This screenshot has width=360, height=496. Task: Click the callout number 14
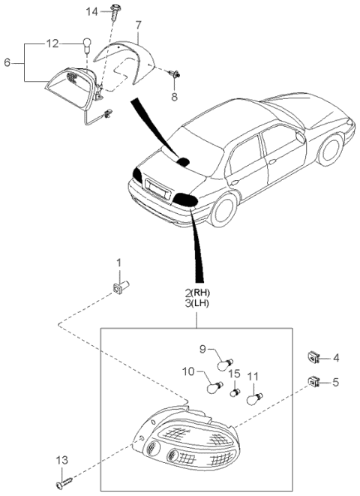[x=92, y=12]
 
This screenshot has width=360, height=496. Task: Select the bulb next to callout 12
[x=86, y=44]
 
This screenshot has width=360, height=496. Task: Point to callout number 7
[x=139, y=24]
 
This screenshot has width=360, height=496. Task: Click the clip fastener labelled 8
[x=175, y=74]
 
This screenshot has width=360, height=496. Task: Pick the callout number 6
[x=7, y=62]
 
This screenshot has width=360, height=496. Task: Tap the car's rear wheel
[x=223, y=209]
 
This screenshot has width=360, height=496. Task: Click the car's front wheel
[x=330, y=150]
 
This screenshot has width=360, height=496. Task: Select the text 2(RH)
[x=197, y=293]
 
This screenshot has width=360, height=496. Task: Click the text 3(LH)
[x=197, y=304]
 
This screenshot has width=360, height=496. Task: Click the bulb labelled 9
[x=225, y=365]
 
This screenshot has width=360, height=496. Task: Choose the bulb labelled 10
[x=214, y=387]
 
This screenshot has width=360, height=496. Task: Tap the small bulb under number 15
[x=235, y=392]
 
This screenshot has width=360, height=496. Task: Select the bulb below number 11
[x=254, y=398]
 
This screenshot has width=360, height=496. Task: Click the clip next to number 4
[x=312, y=357]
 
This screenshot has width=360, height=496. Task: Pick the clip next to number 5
[x=313, y=382]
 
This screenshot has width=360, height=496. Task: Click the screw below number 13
[x=64, y=483]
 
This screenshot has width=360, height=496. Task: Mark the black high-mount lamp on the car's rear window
[x=183, y=161]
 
